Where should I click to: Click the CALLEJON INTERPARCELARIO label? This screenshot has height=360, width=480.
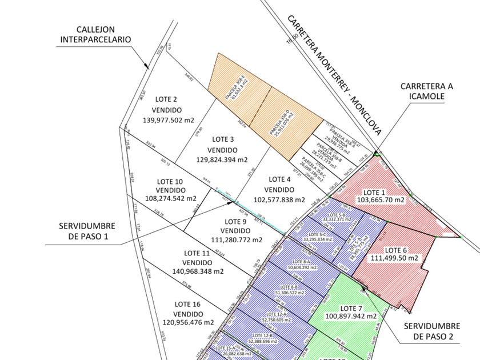click(96, 34)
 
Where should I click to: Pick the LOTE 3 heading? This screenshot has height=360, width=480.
click(223, 139)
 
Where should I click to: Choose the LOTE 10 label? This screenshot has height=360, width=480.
click(170, 181)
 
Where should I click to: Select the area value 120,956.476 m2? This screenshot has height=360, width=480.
click(188, 322)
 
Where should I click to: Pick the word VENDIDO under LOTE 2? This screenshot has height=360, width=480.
click(167, 110)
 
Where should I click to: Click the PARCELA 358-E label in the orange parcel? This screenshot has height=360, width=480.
click(236, 89)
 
